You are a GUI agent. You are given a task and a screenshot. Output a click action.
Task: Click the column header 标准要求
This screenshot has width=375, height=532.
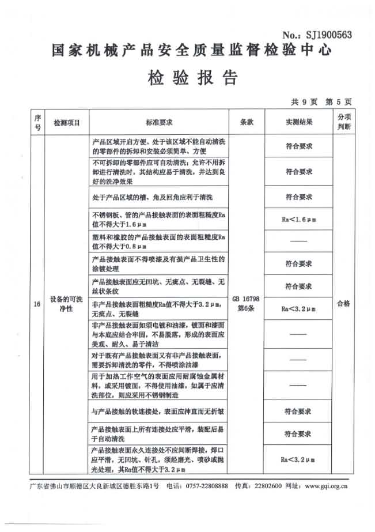(x=159, y=123)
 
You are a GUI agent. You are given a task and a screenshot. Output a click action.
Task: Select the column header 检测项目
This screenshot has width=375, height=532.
(x=66, y=123)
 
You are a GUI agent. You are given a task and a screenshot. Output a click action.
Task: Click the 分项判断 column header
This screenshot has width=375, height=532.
(x=343, y=122)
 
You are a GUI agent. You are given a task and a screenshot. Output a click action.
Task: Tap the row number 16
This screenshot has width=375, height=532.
(x=37, y=304)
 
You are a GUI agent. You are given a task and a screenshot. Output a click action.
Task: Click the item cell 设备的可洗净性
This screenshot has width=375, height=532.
(x=66, y=304)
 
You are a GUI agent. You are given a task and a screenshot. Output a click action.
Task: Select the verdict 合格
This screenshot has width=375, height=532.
(x=343, y=303)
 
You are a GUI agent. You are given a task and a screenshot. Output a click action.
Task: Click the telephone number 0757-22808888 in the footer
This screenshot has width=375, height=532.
(x=206, y=486)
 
